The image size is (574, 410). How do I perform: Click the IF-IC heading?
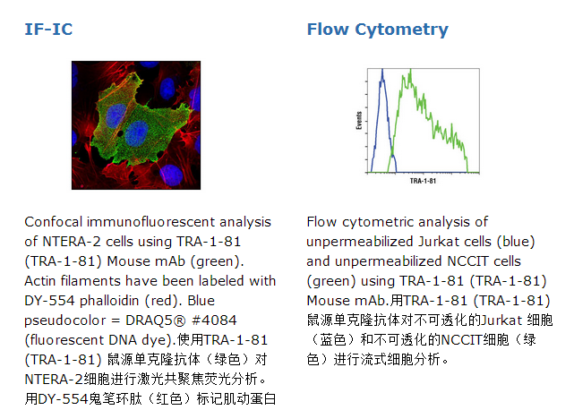(x=48, y=30)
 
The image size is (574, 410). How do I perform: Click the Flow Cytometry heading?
(x=377, y=30)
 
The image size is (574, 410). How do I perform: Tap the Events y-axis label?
(x=359, y=121)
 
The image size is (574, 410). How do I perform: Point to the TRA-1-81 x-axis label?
(x=423, y=181)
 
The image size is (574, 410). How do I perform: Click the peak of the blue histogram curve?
(x=382, y=71)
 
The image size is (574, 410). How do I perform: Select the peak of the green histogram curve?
(x=410, y=71)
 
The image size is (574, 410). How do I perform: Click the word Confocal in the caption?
(x=54, y=222)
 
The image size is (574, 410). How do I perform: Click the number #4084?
(x=215, y=320)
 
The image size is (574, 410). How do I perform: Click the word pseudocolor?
(x=64, y=320)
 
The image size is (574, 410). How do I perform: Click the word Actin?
(x=40, y=281)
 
